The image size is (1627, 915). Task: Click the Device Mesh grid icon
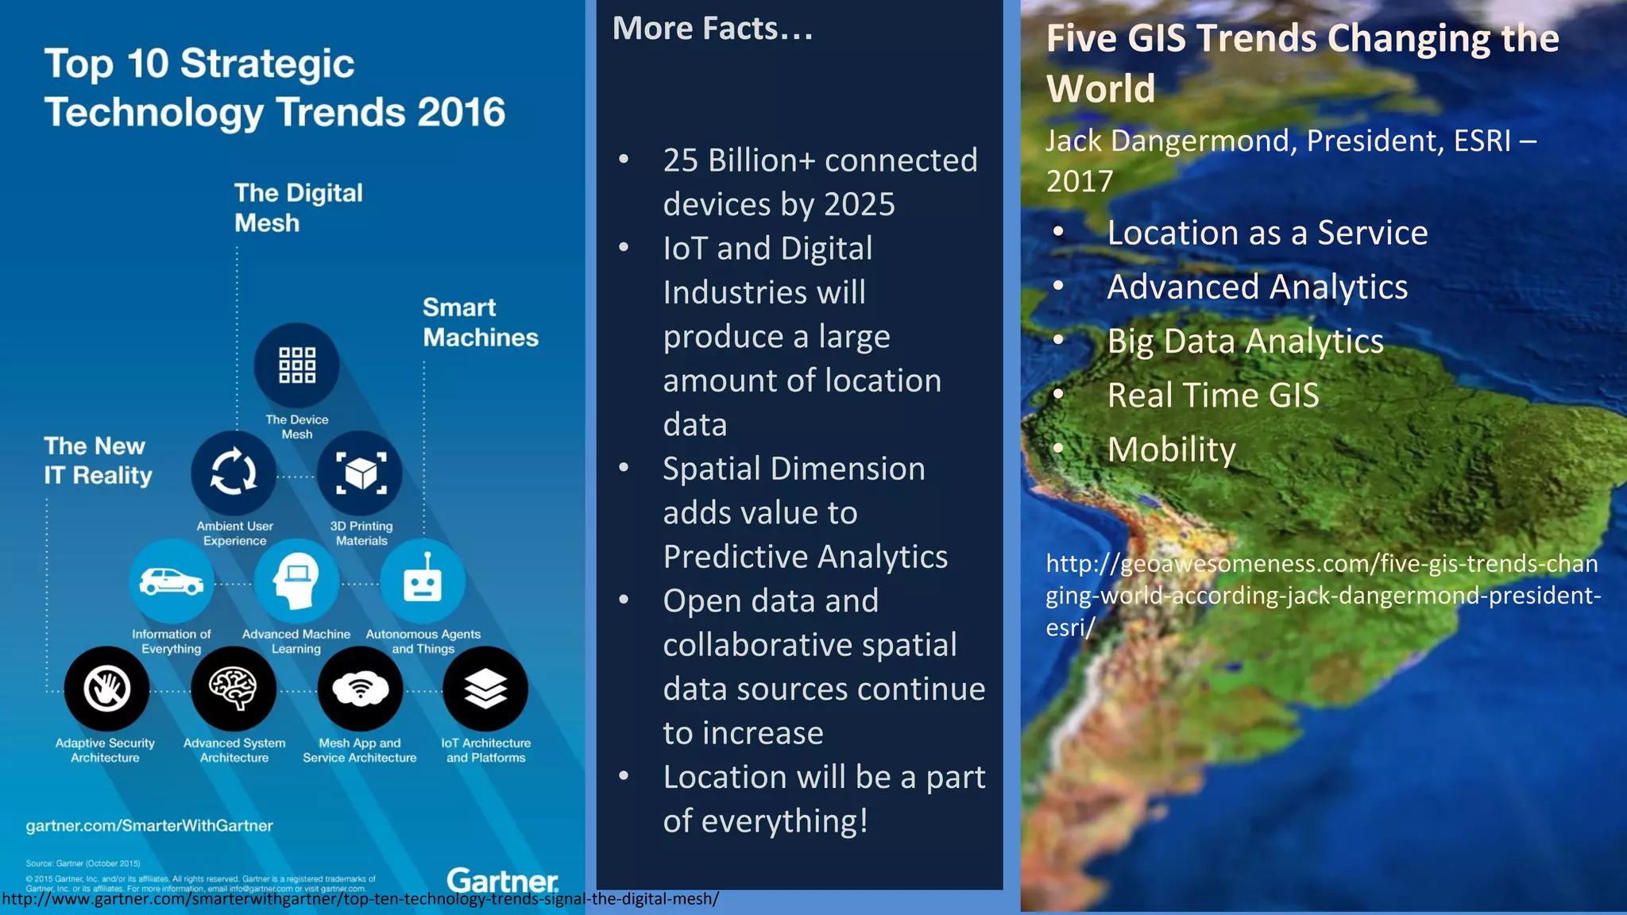click(296, 365)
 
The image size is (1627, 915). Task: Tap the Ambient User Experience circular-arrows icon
click(234, 473)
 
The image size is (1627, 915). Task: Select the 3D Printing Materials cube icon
click(360, 473)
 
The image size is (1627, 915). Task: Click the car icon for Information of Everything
click(171, 581)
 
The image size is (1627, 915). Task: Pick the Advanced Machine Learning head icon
click(296, 581)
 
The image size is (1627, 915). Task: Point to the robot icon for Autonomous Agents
click(423, 582)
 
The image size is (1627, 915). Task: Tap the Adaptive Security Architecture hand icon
click(106, 689)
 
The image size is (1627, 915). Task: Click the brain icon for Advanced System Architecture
click(234, 689)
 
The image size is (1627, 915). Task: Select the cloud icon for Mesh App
click(360, 689)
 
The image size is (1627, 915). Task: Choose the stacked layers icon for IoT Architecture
click(485, 689)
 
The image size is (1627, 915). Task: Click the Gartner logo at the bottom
click(502, 880)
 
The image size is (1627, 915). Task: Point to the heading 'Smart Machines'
click(480, 322)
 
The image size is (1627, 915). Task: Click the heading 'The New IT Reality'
click(97, 461)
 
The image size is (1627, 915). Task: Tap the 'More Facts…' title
click(713, 29)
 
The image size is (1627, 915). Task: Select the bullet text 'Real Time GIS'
click(1212, 396)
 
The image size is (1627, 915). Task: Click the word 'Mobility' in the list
click(1171, 450)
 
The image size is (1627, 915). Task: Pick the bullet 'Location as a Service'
click(1267, 233)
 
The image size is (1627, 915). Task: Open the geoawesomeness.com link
click(1322, 595)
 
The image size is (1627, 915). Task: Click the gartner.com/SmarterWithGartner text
click(149, 826)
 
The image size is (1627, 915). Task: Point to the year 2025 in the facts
click(860, 205)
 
